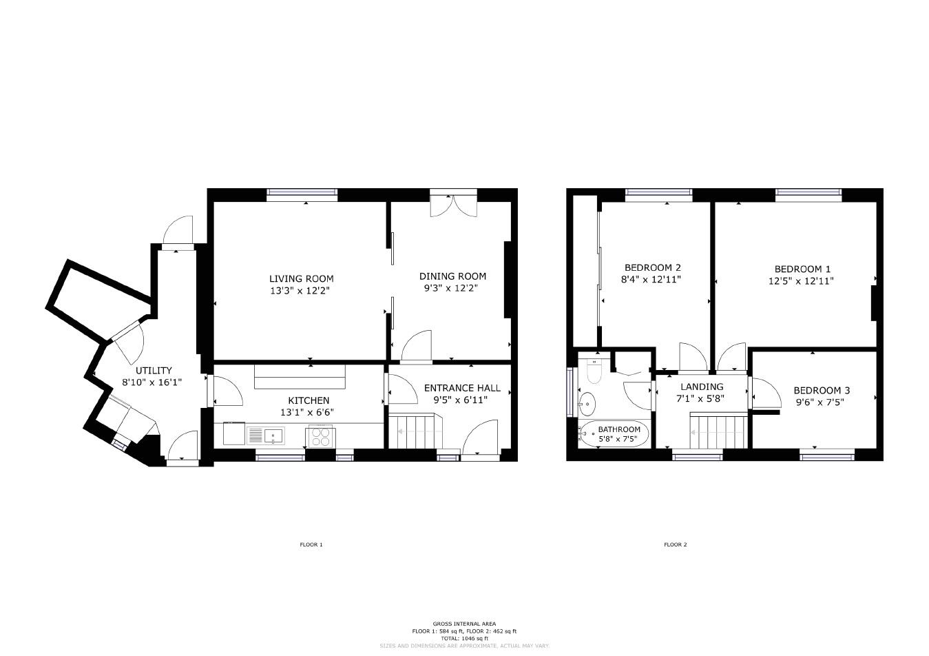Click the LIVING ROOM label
pos(301,279)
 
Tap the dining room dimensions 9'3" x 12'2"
pos(452,288)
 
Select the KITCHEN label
pos(308,400)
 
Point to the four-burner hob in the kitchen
pos(320,435)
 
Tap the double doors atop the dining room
pos(452,204)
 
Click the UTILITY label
pos(153,370)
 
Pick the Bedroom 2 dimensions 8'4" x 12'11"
pos(653,280)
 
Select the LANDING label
pos(702,387)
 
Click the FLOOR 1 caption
pos(311,544)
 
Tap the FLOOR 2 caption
pos(675,544)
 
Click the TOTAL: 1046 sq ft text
pos(464,638)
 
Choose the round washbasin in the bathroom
pos(587,402)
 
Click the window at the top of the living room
pos(302,195)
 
